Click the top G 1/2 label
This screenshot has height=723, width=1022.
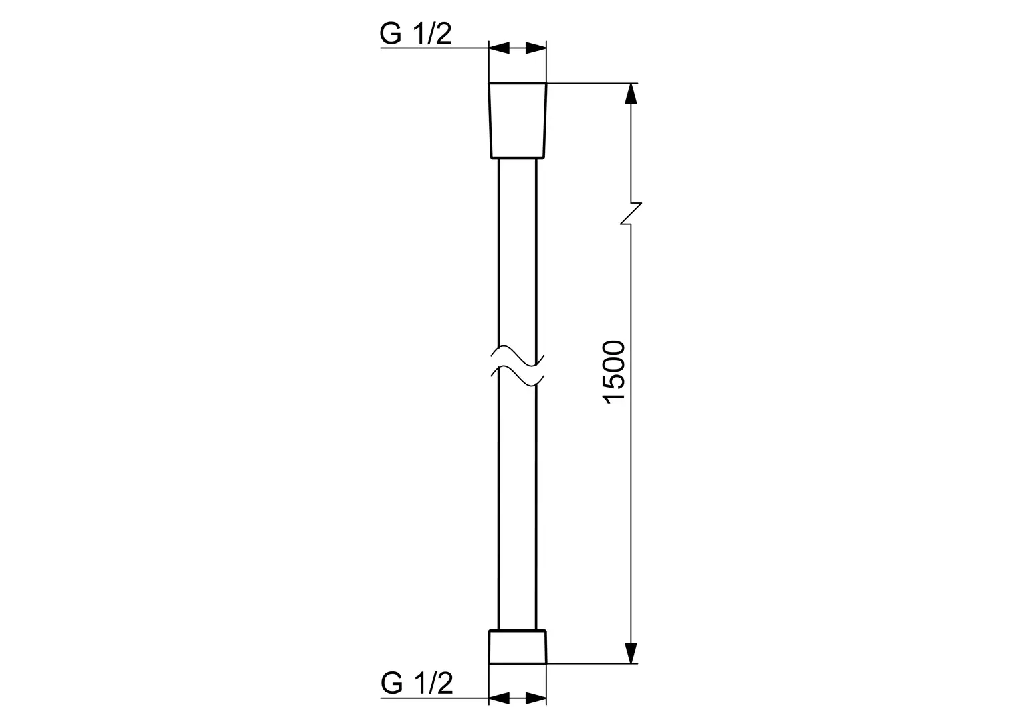[x=415, y=33]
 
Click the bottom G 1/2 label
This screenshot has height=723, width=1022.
[x=417, y=684]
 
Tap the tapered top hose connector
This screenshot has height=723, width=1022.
[x=518, y=120]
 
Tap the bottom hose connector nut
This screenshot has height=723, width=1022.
[x=518, y=647]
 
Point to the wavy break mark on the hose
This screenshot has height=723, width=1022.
[x=518, y=366]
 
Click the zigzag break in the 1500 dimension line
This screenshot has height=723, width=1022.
[x=631, y=214]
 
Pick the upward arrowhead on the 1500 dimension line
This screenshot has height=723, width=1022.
[x=631, y=94]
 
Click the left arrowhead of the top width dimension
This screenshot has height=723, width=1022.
[x=499, y=48]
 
